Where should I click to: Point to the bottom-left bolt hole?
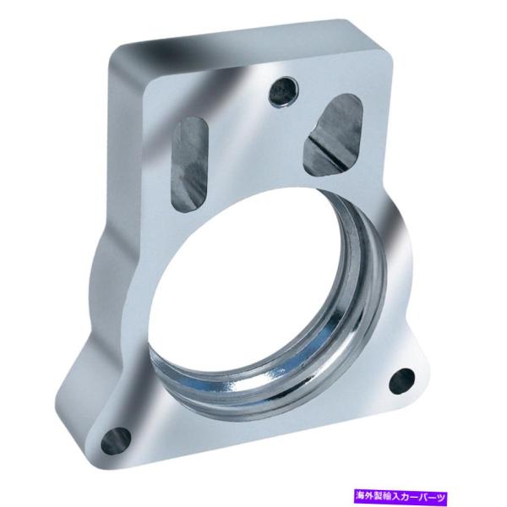pyautogui.click(x=117, y=439)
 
